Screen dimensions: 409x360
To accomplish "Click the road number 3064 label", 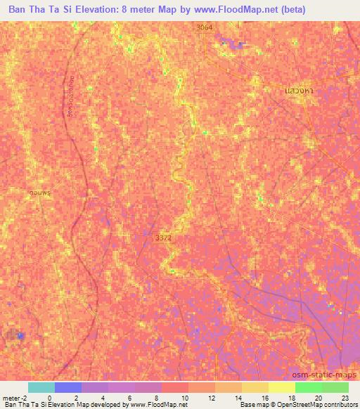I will (205, 27).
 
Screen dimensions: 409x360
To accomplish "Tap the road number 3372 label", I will (163, 238).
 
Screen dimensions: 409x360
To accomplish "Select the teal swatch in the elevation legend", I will (41, 387).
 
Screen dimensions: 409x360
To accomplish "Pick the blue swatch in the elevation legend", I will (68, 387).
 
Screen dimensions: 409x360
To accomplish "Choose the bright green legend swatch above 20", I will (308, 387).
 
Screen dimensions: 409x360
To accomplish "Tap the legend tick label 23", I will (345, 398).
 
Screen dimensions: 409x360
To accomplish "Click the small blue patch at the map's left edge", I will (20, 336).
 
